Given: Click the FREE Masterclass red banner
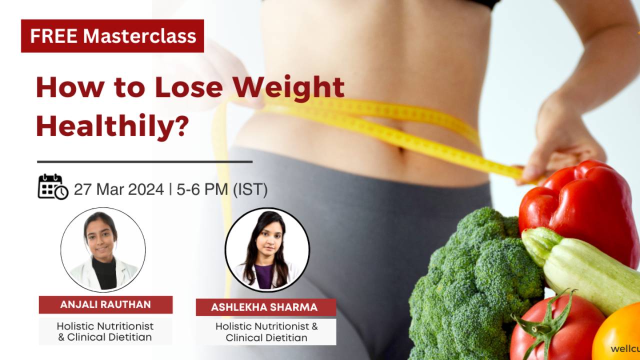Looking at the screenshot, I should pyautogui.click(x=112, y=36).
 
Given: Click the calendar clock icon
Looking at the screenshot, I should pyautogui.click(x=52, y=187).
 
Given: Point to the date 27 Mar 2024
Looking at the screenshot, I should pyautogui.click(x=119, y=189).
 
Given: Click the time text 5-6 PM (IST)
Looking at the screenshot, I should pyautogui.click(x=222, y=189).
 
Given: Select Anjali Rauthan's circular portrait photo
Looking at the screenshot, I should pyautogui.click(x=103, y=250).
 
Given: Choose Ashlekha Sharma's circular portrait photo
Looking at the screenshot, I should pyautogui.click(x=267, y=250).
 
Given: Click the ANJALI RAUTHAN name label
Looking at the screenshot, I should pyautogui.click(x=105, y=304).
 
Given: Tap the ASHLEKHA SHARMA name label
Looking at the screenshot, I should pyautogui.click(x=264, y=307).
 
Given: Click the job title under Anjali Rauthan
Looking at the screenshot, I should pyautogui.click(x=105, y=331).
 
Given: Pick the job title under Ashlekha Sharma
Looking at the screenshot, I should pyautogui.click(x=266, y=332).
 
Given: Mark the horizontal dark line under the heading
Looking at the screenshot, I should pyautogui.click(x=144, y=161).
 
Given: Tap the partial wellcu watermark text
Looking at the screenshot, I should pyautogui.click(x=625, y=349).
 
